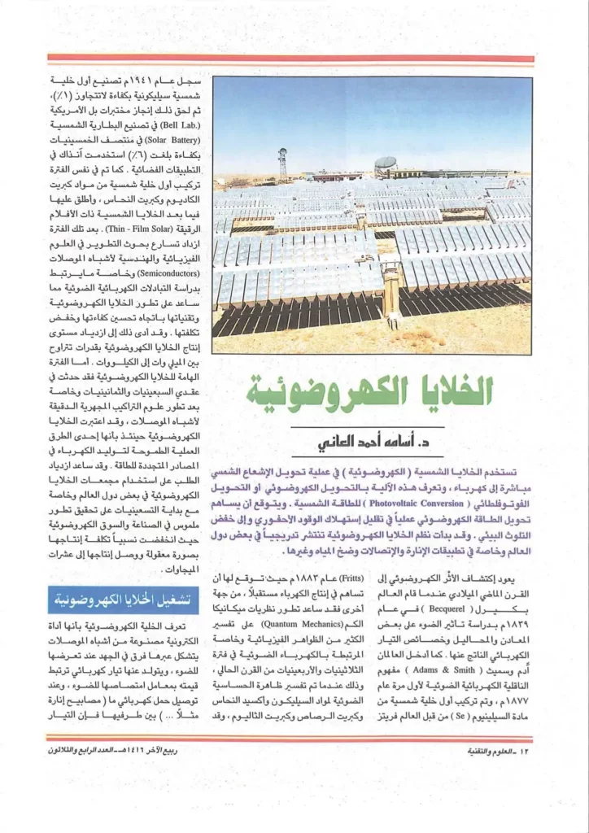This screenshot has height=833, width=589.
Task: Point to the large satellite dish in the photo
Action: point(385,164)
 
